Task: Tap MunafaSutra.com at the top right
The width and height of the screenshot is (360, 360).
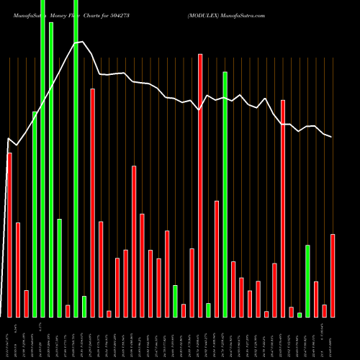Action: (245, 14)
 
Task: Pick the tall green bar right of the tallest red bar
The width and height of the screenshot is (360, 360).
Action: (225, 194)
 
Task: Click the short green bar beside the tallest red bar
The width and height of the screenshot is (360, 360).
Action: (208, 310)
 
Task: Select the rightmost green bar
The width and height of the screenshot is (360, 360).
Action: (308, 281)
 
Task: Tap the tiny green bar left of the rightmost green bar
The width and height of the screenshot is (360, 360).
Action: (300, 315)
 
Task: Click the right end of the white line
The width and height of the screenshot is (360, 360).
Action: (332, 137)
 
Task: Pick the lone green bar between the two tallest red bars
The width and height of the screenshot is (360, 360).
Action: (175, 301)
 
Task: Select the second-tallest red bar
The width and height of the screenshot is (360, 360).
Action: (92, 202)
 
